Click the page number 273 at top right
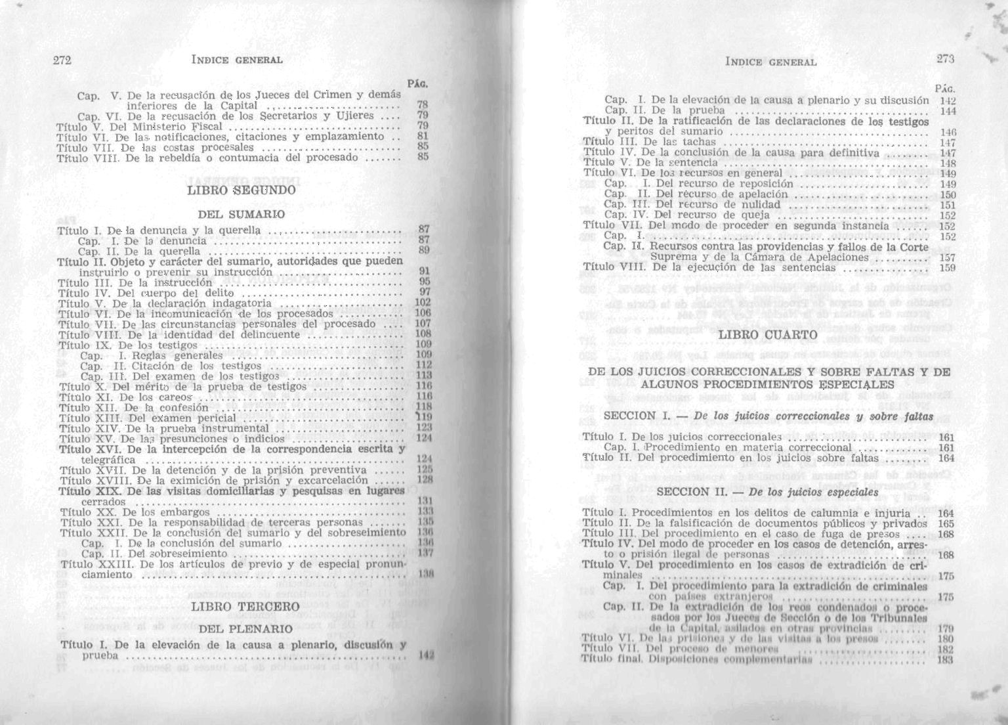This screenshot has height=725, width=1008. pos(945,59)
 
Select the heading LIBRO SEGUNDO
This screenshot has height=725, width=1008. pos(242,190)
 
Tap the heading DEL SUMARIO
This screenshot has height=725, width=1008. pos(241,214)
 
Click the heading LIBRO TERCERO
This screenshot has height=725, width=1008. pos(244,607)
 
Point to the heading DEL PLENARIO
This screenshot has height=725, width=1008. pos(245,629)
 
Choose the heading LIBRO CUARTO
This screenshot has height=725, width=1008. pos(768,335)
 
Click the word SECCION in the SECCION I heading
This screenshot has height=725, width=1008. pos(629,416)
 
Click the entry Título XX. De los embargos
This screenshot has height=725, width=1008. pos(135,512)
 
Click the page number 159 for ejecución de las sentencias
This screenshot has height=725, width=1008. pos(947,268)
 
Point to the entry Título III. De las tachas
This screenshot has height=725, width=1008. pos(649,142)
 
